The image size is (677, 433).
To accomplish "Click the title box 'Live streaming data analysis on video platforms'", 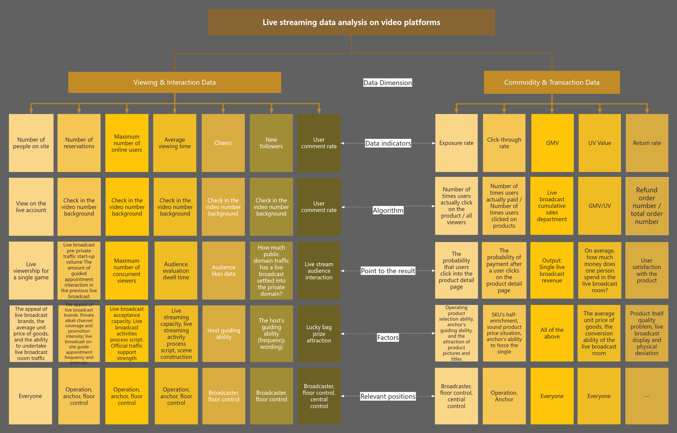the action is coord(351,22).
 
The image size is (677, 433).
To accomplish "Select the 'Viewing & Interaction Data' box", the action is coord(175,82).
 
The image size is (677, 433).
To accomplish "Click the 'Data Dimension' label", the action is coord(388,83).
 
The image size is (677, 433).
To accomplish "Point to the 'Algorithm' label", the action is coord(388,210).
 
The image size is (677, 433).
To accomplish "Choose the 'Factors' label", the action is coord(388,337).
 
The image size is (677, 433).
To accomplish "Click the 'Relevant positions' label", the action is coord(388,396).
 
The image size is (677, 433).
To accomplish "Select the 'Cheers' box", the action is coord(223,143).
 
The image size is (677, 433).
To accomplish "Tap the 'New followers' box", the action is coord(271,143).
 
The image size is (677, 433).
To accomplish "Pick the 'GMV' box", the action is coord(552,143).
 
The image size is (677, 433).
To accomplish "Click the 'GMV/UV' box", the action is coord(600,206).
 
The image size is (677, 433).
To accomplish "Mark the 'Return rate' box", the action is coord(647,143).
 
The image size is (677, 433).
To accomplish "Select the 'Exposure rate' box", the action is coord(456,143).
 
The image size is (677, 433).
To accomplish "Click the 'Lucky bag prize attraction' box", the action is coord(319,334).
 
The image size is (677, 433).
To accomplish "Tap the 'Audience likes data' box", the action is coord(224,270).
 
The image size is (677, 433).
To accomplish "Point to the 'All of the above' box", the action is coord(552,333).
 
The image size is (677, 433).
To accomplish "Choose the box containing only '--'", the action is coord(647,396).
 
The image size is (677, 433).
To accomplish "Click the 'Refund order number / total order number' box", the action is coord(647,206).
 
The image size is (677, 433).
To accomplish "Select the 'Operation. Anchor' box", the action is coord(504,396).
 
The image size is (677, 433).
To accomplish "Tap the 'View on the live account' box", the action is coord(31,207).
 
